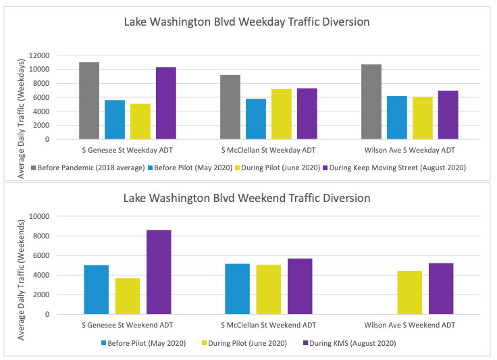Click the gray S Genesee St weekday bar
pyautogui.click(x=89, y=101)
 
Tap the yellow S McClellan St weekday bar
pyautogui.click(x=282, y=114)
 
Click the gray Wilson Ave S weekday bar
pyautogui.click(x=371, y=102)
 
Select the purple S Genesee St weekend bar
pyautogui.click(x=159, y=272)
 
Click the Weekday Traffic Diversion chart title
pyautogui.click(x=247, y=22)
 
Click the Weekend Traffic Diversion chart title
pyautogui.click(x=247, y=198)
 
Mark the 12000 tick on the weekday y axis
pyautogui.click(x=38, y=55)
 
